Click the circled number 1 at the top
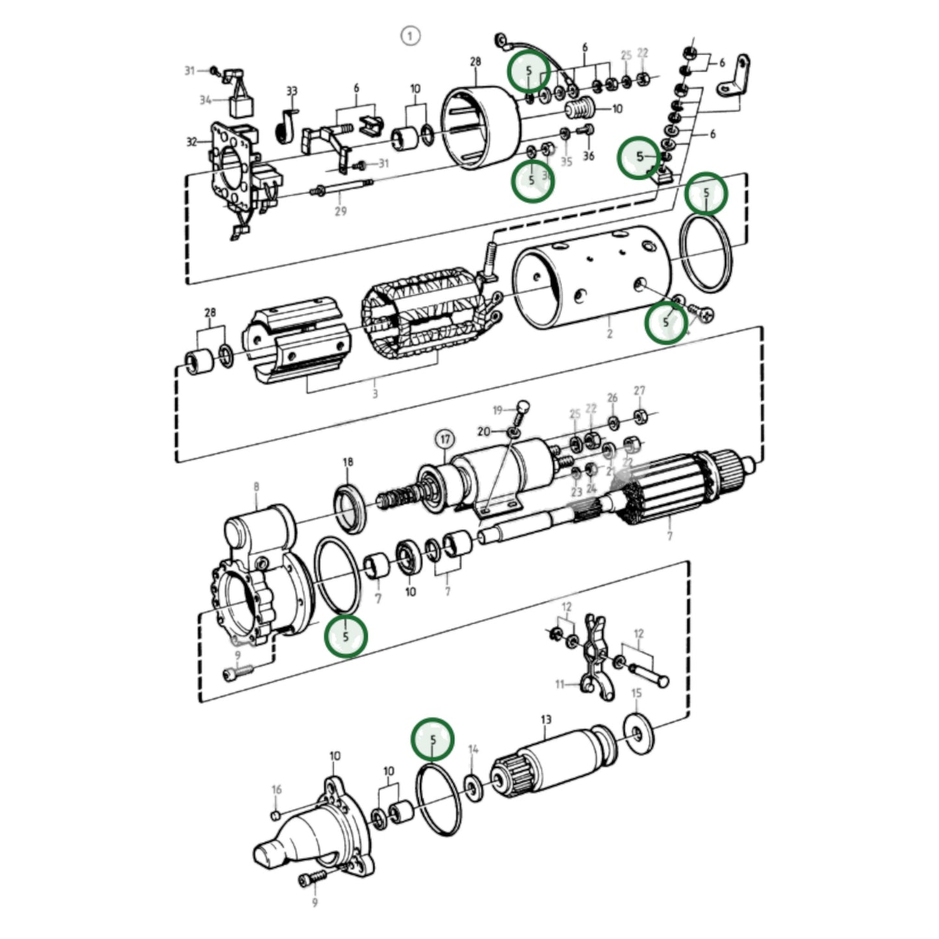coord(410,36)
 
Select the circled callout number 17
coord(444,440)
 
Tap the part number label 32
coord(192,141)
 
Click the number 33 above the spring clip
coord(292,91)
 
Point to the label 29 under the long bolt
coord(341,211)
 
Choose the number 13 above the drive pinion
coord(546,719)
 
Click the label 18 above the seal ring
coord(348,462)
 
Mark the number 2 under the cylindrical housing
coord(609,334)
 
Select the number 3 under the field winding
coord(375,394)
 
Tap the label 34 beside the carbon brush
coord(205,100)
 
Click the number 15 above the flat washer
coord(636,693)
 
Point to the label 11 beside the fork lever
coord(560,684)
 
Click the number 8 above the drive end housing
coord(256,486)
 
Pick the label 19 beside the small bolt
coord(498,410)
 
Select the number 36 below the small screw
coord(588,156)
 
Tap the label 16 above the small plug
coord(277,790)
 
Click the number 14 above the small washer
coord(473,749)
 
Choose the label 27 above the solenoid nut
coord(639,391)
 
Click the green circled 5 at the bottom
coord(433,739)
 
